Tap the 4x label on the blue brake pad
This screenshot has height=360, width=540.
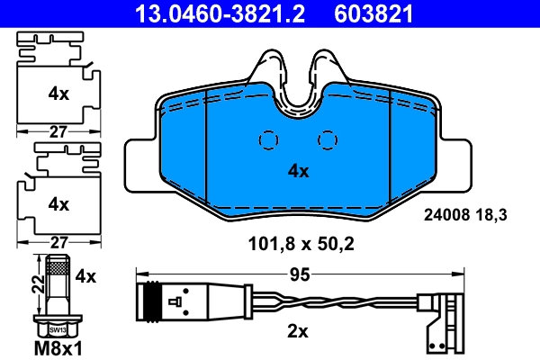click(298, 170)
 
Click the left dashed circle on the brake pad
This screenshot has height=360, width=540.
click(268, 139)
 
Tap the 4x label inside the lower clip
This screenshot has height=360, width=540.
click(58, 204)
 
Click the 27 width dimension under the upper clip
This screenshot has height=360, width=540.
click(58, 131)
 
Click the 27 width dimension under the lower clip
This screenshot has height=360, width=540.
click(58, 241)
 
